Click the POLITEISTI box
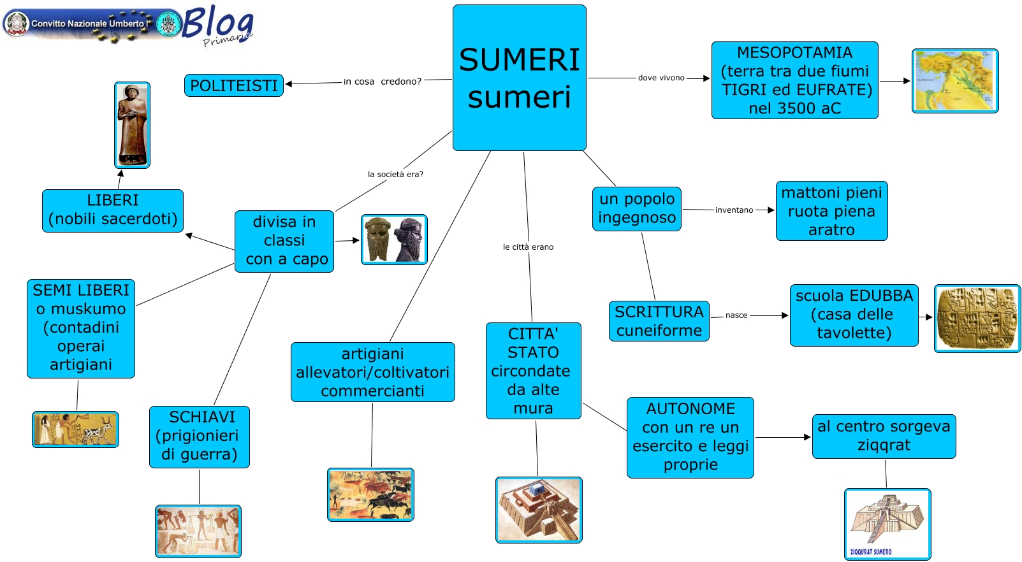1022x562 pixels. coord(234,85)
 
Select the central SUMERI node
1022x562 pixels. coord(519,78)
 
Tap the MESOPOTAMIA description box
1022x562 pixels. coord(794,80)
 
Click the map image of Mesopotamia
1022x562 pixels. coord(954,81)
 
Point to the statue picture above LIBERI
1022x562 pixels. coord(132,125)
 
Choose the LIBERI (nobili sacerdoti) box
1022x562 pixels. coord(113,210)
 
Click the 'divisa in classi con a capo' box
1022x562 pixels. coord(284,241)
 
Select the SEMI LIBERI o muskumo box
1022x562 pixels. coord(81,328)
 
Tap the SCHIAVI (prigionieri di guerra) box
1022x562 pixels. coord(200,436)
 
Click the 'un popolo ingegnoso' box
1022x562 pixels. coord(636,208)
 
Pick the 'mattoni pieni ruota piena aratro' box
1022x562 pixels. coord(831,211)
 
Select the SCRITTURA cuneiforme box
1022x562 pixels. coord(659,321)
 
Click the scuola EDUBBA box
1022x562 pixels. coord(854,315)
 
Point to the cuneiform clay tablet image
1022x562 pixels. coord(977,318)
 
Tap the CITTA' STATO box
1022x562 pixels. coord(533,370)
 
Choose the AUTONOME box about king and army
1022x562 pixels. coord(690,437)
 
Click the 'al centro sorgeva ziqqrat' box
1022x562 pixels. coord(884,436)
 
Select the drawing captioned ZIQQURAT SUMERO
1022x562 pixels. coord(887,524)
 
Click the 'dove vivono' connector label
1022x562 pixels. coord(661,78)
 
